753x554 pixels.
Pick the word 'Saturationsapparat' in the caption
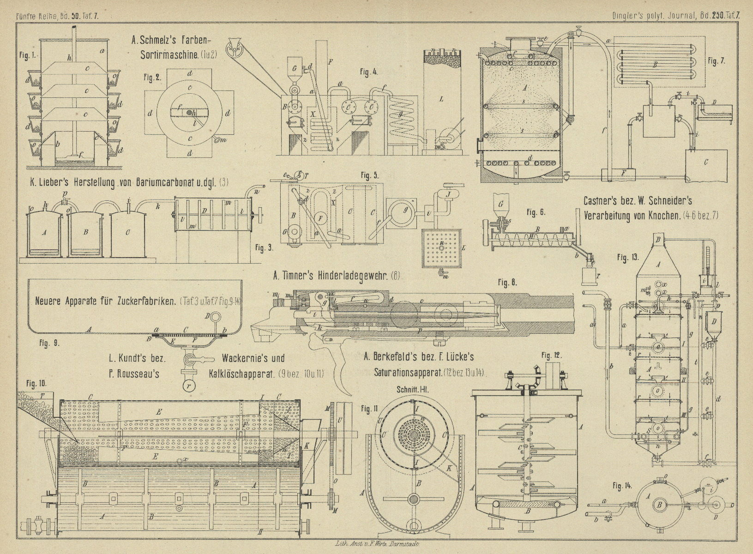pos(402,372)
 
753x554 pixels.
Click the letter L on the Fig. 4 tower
pos(441,99)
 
